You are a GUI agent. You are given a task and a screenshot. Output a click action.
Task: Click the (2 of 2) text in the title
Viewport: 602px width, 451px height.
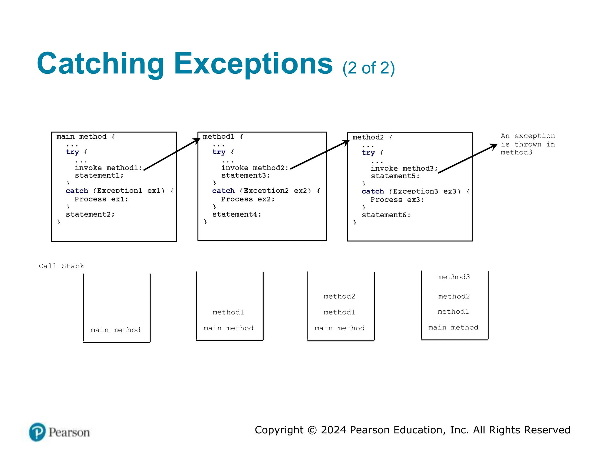pyautogui.click(x=368, y=68)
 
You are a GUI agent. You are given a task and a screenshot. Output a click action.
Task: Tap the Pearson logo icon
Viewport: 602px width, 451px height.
pyautogui.click(x=37, y=432)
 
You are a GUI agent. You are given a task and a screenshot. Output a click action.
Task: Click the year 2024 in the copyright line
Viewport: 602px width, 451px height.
pyautogui.click(x=334, y=430)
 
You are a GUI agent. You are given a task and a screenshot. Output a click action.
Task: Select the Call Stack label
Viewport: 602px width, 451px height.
pyautogui.click(x=61, y=266)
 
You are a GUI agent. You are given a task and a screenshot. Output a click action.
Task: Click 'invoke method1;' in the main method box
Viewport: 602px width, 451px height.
pyautogui.click(x=108, y=168)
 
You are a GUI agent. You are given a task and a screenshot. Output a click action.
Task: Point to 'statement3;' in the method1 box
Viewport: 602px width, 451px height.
pyautogui.click(x=245, y=175)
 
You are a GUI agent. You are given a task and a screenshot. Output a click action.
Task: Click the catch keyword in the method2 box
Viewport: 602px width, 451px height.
pyautogui.click(x=372, y=191)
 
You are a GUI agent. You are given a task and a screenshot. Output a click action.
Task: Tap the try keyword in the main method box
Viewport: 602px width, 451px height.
pyautogui.click(x=72, y=152)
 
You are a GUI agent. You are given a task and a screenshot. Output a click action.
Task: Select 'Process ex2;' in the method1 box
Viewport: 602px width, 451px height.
pyautogui.click(x=248, y=199)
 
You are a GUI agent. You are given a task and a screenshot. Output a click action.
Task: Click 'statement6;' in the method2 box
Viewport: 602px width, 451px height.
pyautogui.click(x=386, y=215)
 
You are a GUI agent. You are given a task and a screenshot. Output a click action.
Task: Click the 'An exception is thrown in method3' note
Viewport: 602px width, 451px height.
pyautogui.click(x=528, y=144)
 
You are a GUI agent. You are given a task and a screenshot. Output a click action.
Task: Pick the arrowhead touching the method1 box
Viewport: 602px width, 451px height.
pyautogui.click(x=197, y=141)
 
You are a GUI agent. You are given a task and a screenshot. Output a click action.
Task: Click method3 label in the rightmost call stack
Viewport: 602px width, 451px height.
pyautogui.click(x=454, y=277)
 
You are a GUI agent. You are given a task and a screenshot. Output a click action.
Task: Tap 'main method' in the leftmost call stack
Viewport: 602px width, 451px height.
pyautogui.click(x=116, y=330)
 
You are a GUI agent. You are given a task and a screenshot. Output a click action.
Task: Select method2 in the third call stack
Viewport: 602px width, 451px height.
pyautogui.click(x=339, y=296)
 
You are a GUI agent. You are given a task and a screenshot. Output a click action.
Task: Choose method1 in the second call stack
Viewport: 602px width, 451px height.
pyautogui.click(x=228, y=312)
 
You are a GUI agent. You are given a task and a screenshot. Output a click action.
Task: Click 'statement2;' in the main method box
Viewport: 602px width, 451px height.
pyautogui.click(x=90, y=214)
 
